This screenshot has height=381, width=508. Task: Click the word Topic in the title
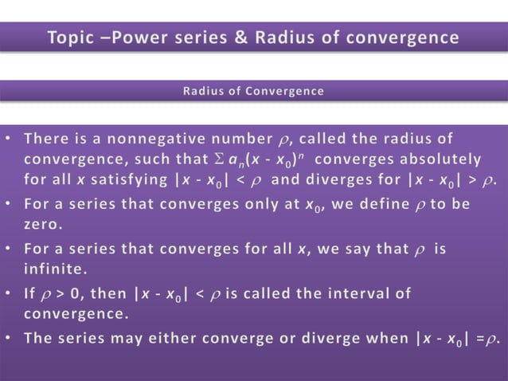[74, 37]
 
